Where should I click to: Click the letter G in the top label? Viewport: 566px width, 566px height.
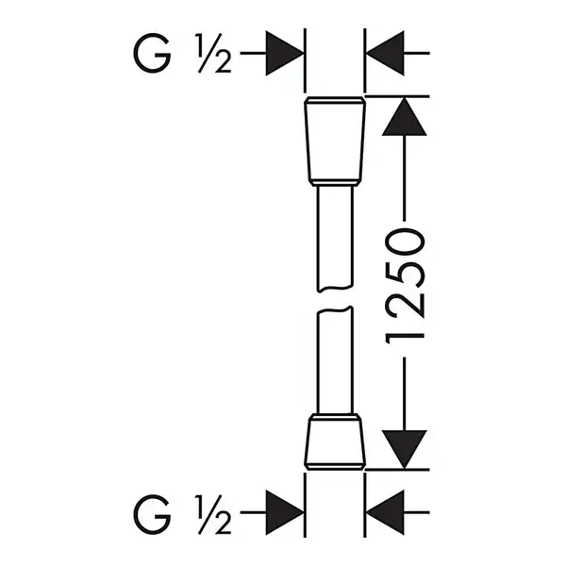152,53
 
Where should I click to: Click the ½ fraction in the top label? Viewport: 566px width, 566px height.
213,53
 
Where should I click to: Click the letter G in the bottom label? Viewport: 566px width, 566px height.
152,514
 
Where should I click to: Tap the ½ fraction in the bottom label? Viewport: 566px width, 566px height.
213,514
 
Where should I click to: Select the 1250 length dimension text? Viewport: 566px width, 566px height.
405,286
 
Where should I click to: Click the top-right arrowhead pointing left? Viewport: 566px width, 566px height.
385,53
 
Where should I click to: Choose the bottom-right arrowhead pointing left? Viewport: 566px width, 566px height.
385,512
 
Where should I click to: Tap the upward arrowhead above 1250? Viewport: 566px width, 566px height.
405,117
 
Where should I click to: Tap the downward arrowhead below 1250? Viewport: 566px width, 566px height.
405,449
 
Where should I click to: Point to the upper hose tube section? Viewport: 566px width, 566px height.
335,239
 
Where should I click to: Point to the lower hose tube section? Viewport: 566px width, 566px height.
335,360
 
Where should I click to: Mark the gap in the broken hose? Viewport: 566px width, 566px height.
335,299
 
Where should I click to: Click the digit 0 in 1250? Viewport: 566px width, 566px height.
405,241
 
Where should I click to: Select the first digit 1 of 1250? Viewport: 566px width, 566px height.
405,339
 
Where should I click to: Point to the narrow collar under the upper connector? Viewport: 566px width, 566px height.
335,183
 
